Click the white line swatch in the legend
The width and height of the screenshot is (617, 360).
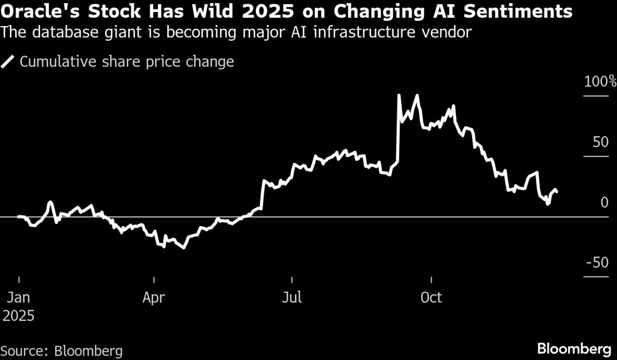pyautogui.click(x=7, y=61)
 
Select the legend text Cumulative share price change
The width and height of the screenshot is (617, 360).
pyautogui.click(x=127, y=61)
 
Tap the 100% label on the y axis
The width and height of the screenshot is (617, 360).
pyautogui.click(x=600, y=82)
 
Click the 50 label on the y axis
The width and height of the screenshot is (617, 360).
pyautogui.click(x=600, y=142)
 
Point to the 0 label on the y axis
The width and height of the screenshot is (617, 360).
pyautogui.click(x=604, y=203)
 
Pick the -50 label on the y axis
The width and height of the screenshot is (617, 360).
pyautogui.click(x=597, y=262)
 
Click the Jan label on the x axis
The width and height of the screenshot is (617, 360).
pyautogui.click(x=19, y=298)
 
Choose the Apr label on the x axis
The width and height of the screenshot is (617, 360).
pyautogui.click(x=154, y=298)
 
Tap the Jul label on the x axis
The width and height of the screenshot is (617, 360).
pyautogui.click(x=292, y=298)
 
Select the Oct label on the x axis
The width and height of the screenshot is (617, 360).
pyautogui.click(x=431, y=298)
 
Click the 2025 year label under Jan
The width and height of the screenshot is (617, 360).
pyautogui.click(x=19, y=316)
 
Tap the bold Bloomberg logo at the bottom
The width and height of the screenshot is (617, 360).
pyautogui.click(x=574, y=349)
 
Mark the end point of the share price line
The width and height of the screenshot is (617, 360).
pyautogui.click(x=557, y=192)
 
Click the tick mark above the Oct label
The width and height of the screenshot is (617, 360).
pyautogui.click(x=431, y=280)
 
